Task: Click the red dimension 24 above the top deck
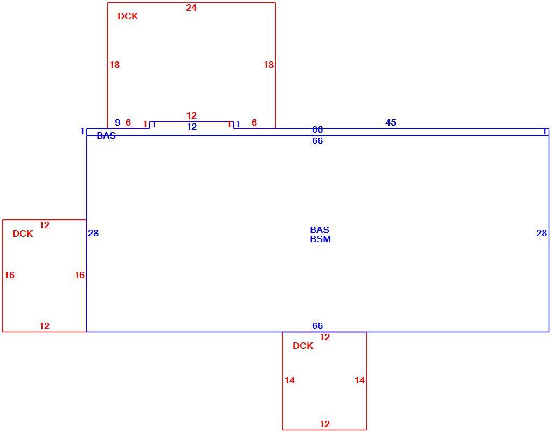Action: pos(191,8)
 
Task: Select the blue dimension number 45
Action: pos(391,122)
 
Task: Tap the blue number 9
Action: pos(117,122)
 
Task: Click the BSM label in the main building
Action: pos(320,239)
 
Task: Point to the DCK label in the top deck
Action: pos(128,16)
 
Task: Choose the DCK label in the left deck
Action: pos(23,234)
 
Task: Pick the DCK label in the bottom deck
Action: pos(303,346)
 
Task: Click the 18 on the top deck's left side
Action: pos(114,65)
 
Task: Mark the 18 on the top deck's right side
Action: pos(269,65)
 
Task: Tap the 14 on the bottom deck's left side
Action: pos(289,380)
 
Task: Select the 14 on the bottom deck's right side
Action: pos(359,380)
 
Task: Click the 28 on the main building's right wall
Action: pos(542,233)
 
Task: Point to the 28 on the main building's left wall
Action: pos(93,233)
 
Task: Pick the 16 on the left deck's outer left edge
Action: pos(10,275)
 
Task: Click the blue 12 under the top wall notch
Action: pos(191,127)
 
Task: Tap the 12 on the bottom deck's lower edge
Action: pos(324,424)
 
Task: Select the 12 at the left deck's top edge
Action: pos(44,225)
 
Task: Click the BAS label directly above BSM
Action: pos(320,230)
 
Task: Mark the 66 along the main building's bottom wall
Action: pos(317,326)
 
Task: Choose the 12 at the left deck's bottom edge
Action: pos(44,326)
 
